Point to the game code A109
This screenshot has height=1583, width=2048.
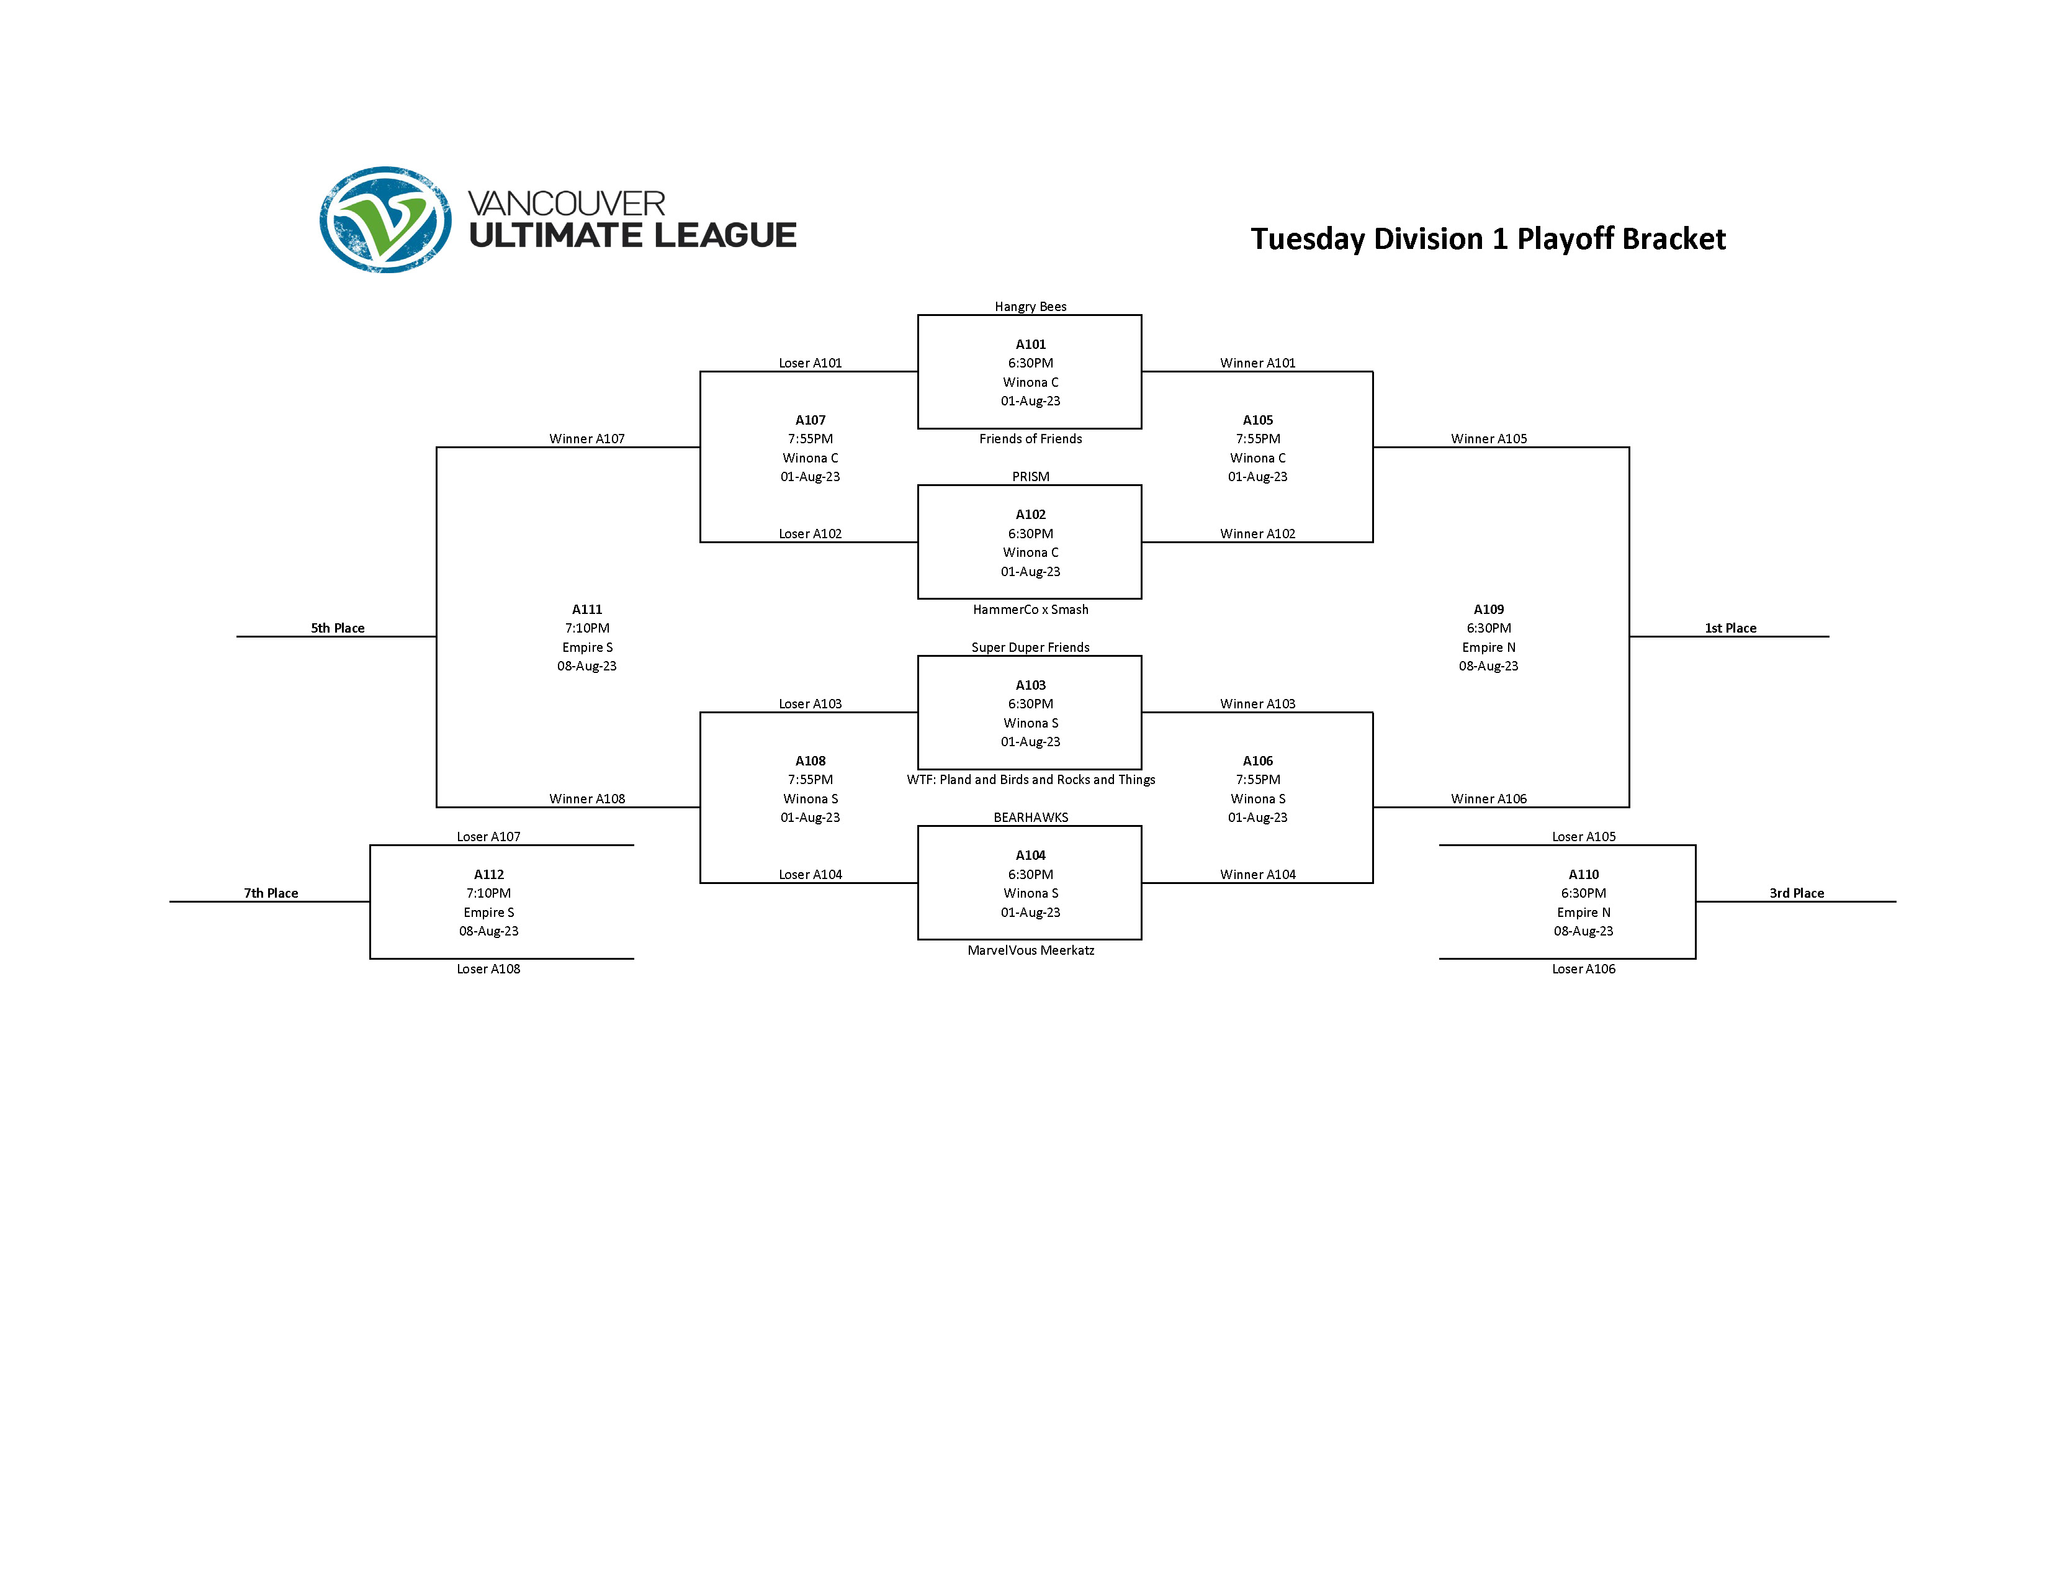(1488, 610)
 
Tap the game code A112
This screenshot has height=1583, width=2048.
(488, 874)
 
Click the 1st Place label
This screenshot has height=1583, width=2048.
(1730, 628)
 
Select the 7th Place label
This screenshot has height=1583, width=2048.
(271, 893)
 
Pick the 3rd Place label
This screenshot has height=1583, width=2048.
(1797, 893)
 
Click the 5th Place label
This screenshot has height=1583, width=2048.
(338, 628)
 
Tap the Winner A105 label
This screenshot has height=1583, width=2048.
(1488, 439)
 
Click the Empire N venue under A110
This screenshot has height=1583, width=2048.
(1583, 913)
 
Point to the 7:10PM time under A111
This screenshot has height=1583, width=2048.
(587, 628)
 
